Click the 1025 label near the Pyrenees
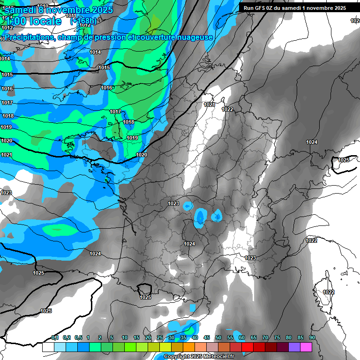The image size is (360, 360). tap(145, 297)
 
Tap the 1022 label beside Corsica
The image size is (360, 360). tap(329, 292)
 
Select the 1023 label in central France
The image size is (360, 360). tap(173, 203)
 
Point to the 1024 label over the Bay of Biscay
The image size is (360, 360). tap(95, 254)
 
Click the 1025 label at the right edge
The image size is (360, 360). tap(344, 160)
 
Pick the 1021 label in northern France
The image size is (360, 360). tap(209, 105)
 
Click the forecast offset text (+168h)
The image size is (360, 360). tap(83, 21)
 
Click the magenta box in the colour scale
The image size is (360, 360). tap(307, 347)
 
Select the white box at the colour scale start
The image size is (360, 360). tap(48, 347)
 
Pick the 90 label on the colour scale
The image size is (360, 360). tap(312, 338)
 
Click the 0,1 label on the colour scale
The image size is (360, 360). tap(55, 338)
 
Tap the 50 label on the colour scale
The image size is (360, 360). tap(218, 338)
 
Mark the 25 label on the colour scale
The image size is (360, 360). tap(160, 338)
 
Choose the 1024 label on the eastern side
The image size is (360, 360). tap(312, 142)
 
